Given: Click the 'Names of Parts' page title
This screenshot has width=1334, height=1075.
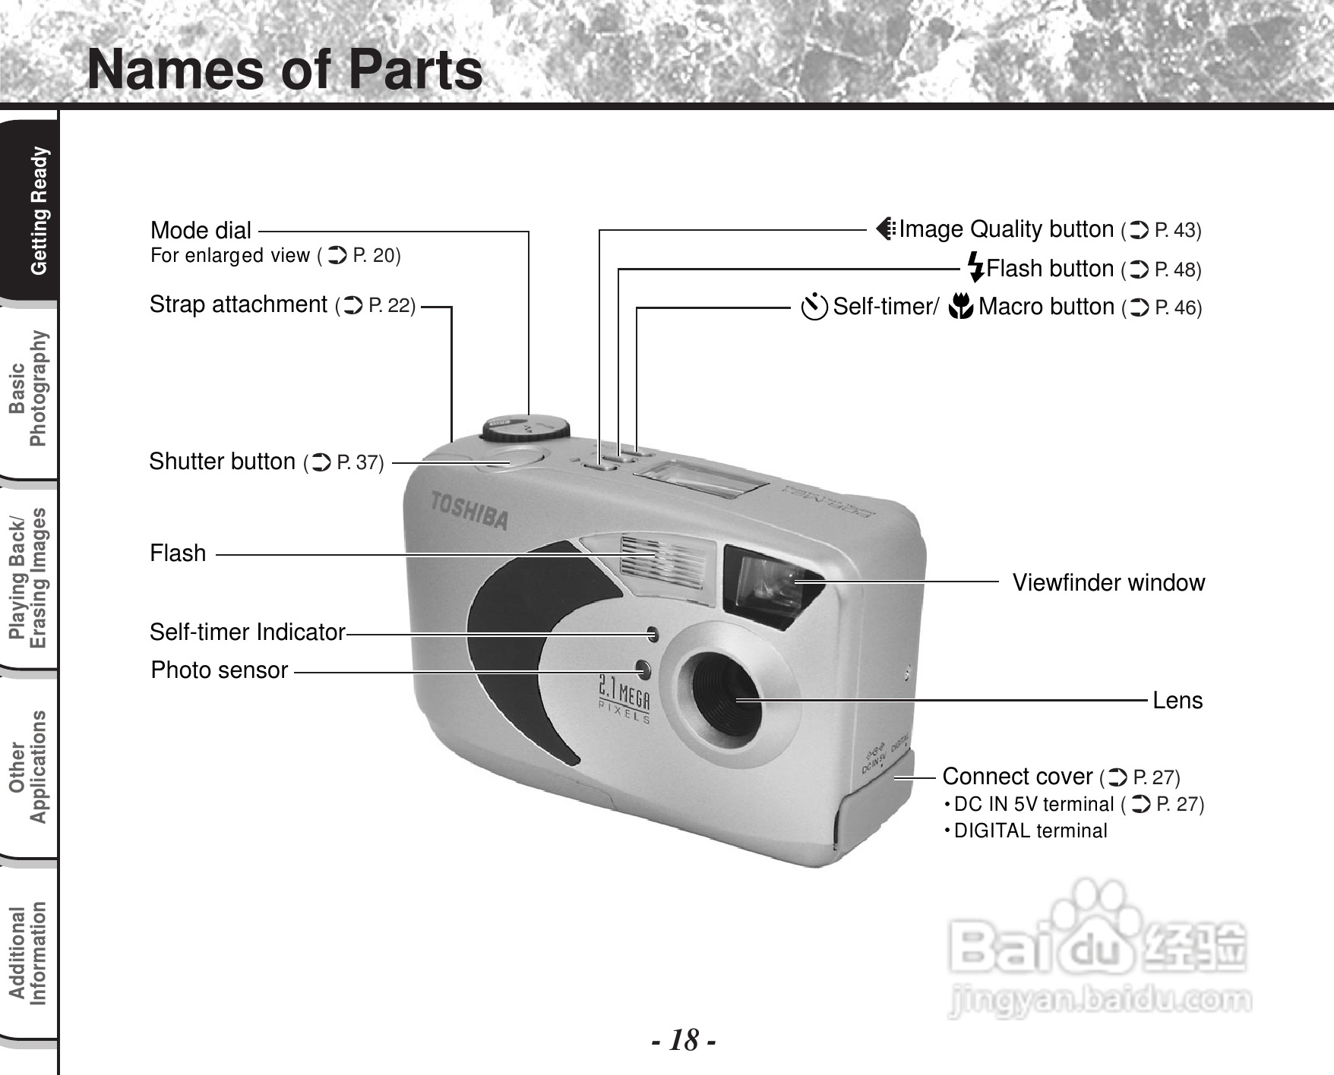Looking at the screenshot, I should (285, 70).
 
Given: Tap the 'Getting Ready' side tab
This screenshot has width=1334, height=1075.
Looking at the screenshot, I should (38, 211).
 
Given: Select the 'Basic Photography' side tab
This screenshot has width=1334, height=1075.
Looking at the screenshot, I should (28, 389).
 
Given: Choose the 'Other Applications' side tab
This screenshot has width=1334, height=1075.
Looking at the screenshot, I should (28, 767).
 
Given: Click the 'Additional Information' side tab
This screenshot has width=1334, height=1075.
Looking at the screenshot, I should (28, 954).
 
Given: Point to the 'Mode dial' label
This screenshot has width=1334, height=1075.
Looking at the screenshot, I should (201, 230).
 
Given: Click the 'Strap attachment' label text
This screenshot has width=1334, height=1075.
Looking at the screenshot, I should (238, 304).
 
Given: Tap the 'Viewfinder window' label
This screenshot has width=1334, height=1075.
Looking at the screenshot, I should (1108, 583).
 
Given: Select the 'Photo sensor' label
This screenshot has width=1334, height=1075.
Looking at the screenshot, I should (220, 670).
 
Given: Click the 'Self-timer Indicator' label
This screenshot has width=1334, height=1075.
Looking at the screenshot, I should (247, 632).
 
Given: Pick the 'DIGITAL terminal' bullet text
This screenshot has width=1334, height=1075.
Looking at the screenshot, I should (1030, 831).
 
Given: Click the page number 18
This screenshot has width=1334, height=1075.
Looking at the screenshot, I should (684, 1040).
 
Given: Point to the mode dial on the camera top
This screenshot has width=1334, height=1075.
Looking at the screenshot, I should (525, 427).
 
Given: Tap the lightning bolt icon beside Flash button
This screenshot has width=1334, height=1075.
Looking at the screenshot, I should (976, 268).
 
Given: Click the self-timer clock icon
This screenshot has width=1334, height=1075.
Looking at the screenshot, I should (814, 307).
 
